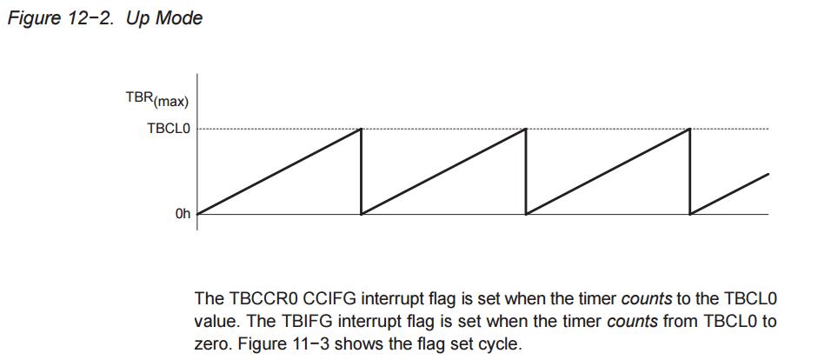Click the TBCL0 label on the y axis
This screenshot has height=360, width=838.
coord(169,129)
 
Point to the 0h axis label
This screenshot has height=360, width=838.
coord(182,213)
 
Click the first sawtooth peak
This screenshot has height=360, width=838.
coord(361,130)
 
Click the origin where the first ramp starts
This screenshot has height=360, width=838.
coord(197,213)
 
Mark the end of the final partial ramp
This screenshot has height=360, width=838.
coord(768,174)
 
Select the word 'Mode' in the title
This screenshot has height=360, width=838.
coord(179,18)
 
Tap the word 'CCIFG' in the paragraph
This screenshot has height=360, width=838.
coord(329,298)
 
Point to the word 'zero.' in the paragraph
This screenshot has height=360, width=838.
coord(212,343)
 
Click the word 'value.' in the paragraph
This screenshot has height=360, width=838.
coord(215,321)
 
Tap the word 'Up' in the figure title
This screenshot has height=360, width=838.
coord(139,18)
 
